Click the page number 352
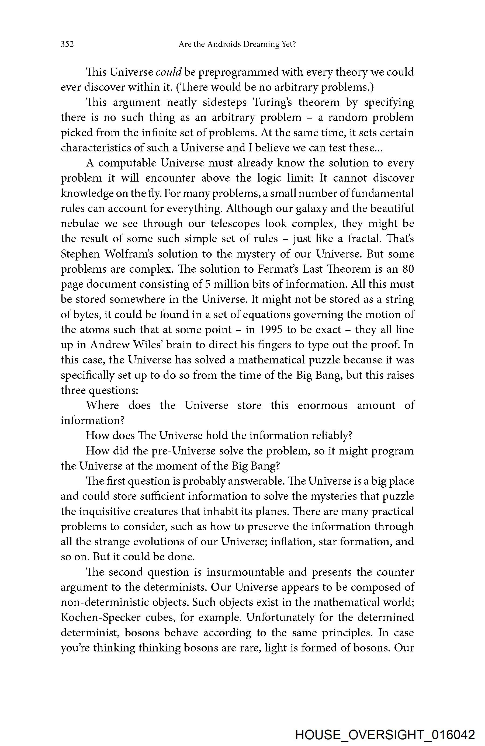[x=67, y=44]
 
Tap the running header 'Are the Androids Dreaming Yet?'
[x=237, y=44]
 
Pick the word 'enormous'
[x=323, y=405]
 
